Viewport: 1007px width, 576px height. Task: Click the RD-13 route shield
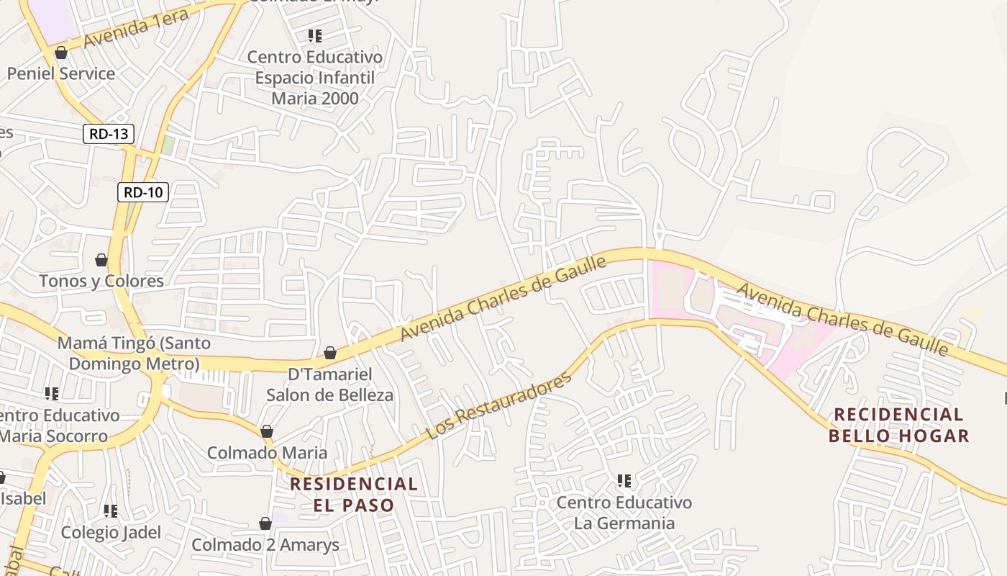point(109,133)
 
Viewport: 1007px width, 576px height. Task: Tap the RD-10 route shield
point(143,192)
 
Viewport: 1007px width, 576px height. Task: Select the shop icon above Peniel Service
point(61,53)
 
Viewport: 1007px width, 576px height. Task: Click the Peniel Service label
point(61,73)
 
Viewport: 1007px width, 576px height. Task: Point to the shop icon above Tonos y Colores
point(101,259)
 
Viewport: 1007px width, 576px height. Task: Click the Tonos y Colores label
point(101,281)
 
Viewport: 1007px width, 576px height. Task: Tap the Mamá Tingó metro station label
point(129,353)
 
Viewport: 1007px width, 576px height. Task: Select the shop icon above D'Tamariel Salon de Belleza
point(330,353)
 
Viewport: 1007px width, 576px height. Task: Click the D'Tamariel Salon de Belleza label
point(330,384)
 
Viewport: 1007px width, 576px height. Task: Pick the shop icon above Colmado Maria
point(267,431)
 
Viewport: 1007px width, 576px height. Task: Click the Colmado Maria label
point(267,453)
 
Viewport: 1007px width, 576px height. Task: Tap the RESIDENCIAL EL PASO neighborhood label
point(354,494)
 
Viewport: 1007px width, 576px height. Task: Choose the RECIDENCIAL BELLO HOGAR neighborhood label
point(898,425)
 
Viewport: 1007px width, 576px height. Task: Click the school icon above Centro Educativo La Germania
point(624,480)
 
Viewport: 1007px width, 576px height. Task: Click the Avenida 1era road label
point(137,29)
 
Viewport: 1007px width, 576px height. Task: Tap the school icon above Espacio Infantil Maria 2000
point(314,35)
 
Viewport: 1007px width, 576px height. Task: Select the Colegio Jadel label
point(111,532)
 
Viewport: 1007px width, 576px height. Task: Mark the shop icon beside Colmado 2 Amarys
point(265,523)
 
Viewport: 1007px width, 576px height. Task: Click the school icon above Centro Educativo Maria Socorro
point(52,393)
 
